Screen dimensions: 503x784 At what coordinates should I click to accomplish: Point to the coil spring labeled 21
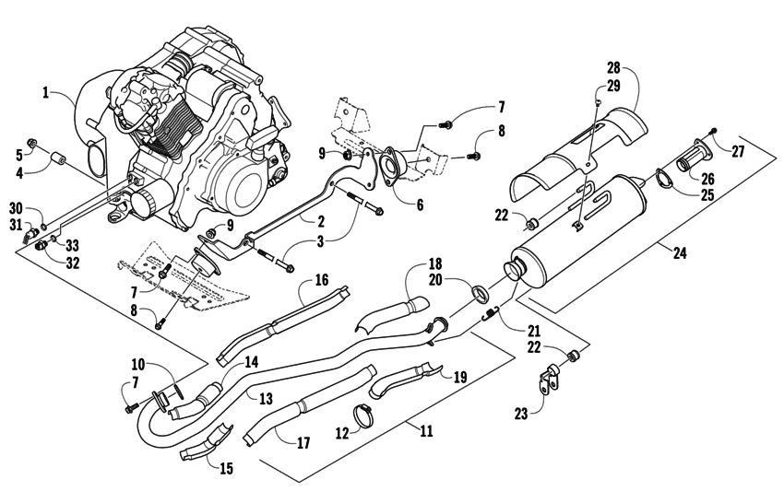pos(493,316)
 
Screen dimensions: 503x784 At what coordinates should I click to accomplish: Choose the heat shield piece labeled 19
pos(412,378)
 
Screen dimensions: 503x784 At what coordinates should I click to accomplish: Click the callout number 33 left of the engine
pos(70,245)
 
